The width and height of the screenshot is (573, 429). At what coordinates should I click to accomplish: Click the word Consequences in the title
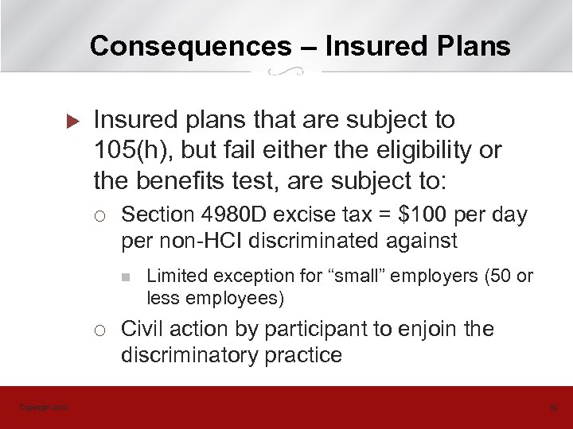tap(190, 46)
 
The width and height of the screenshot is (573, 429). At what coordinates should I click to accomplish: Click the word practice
tap(304, 354)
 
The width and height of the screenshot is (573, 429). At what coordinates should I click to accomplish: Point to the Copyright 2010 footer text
tap(44, 408)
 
